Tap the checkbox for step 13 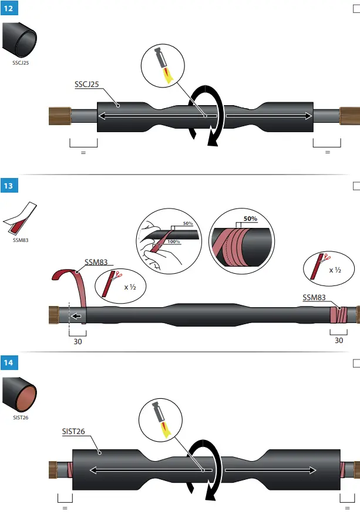coord(356,186)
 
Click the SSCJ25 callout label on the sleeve coord(86,85)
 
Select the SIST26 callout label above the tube coord(73,432)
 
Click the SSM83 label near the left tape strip coord(96,263)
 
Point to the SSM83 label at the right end coord(314,297)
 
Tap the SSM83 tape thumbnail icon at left coord(19,216)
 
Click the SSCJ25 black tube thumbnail coord(20,40)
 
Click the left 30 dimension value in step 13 coord(77,341)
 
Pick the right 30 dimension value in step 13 coord(338,340)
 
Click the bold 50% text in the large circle coord(250,219)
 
